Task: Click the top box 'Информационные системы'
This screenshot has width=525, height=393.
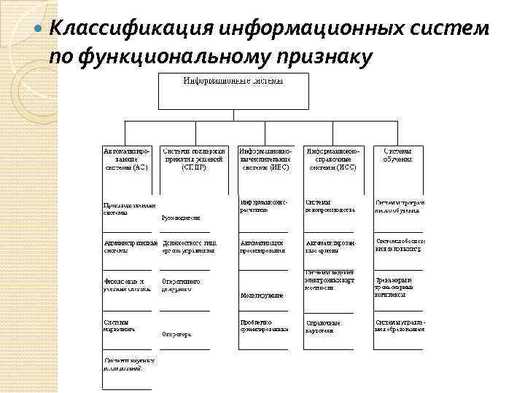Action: [233, 91]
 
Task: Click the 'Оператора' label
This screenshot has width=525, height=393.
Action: [176, 335]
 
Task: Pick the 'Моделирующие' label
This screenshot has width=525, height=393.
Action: [261, 296]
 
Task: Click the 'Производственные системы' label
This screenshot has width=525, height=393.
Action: [128, 210]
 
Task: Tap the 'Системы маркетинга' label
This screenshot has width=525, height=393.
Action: [118, 325]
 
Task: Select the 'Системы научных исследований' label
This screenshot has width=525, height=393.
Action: [128, 363]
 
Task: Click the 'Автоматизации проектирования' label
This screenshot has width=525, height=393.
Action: [262, 246]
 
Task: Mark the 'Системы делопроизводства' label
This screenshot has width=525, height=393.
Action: [330, 206]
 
